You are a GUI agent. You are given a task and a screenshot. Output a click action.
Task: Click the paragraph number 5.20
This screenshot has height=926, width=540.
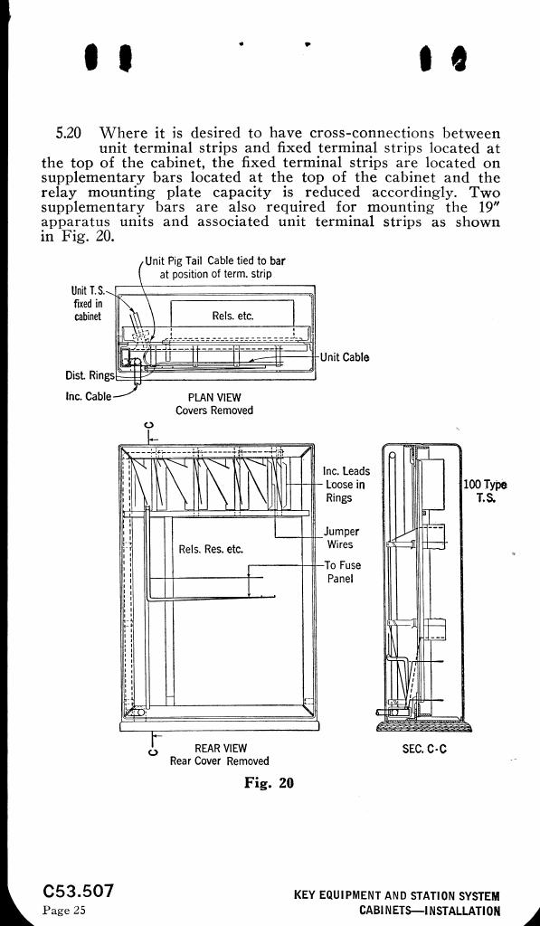tap(68, 132)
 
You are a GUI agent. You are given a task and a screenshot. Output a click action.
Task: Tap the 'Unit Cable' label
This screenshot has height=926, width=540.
tap(345, 357)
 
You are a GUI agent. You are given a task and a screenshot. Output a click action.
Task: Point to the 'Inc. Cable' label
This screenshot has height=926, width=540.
tap(89, 396)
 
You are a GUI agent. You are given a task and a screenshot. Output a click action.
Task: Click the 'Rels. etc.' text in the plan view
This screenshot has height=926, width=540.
tap(232, 316)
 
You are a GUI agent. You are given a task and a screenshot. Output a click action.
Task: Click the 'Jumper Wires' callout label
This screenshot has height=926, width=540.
tap(341, 538)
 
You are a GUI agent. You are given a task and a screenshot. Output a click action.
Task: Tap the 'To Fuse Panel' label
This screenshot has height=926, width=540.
tap(343, 572)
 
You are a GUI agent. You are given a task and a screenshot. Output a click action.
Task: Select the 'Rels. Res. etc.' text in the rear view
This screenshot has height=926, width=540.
tap(211, 549)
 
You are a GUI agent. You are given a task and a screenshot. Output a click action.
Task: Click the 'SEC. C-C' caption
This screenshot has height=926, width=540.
tap(424, 749)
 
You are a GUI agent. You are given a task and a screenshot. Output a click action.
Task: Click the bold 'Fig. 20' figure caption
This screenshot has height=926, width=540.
tap(269, 782)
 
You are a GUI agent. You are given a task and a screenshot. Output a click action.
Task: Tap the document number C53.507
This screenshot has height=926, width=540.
tap(78, 891)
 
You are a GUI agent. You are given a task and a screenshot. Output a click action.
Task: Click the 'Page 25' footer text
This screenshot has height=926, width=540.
tap(64, 910)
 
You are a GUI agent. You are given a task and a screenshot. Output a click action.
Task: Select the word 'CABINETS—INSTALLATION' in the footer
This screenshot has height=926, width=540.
tap(430, 912)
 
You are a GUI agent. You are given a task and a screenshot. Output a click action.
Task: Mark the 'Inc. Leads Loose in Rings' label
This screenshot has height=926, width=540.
tap(346, 485)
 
